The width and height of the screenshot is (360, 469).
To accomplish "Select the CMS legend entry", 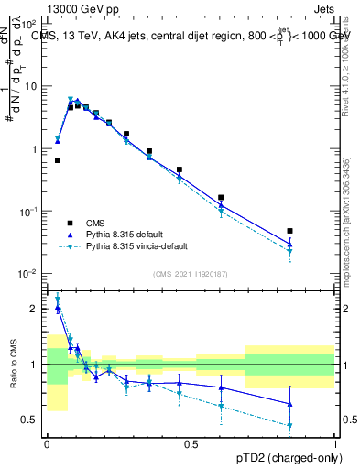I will pos(95,223).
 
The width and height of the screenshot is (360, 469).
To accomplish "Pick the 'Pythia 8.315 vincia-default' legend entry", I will pos(134,247).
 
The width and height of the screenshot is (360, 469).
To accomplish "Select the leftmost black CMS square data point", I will pos(57,160).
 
